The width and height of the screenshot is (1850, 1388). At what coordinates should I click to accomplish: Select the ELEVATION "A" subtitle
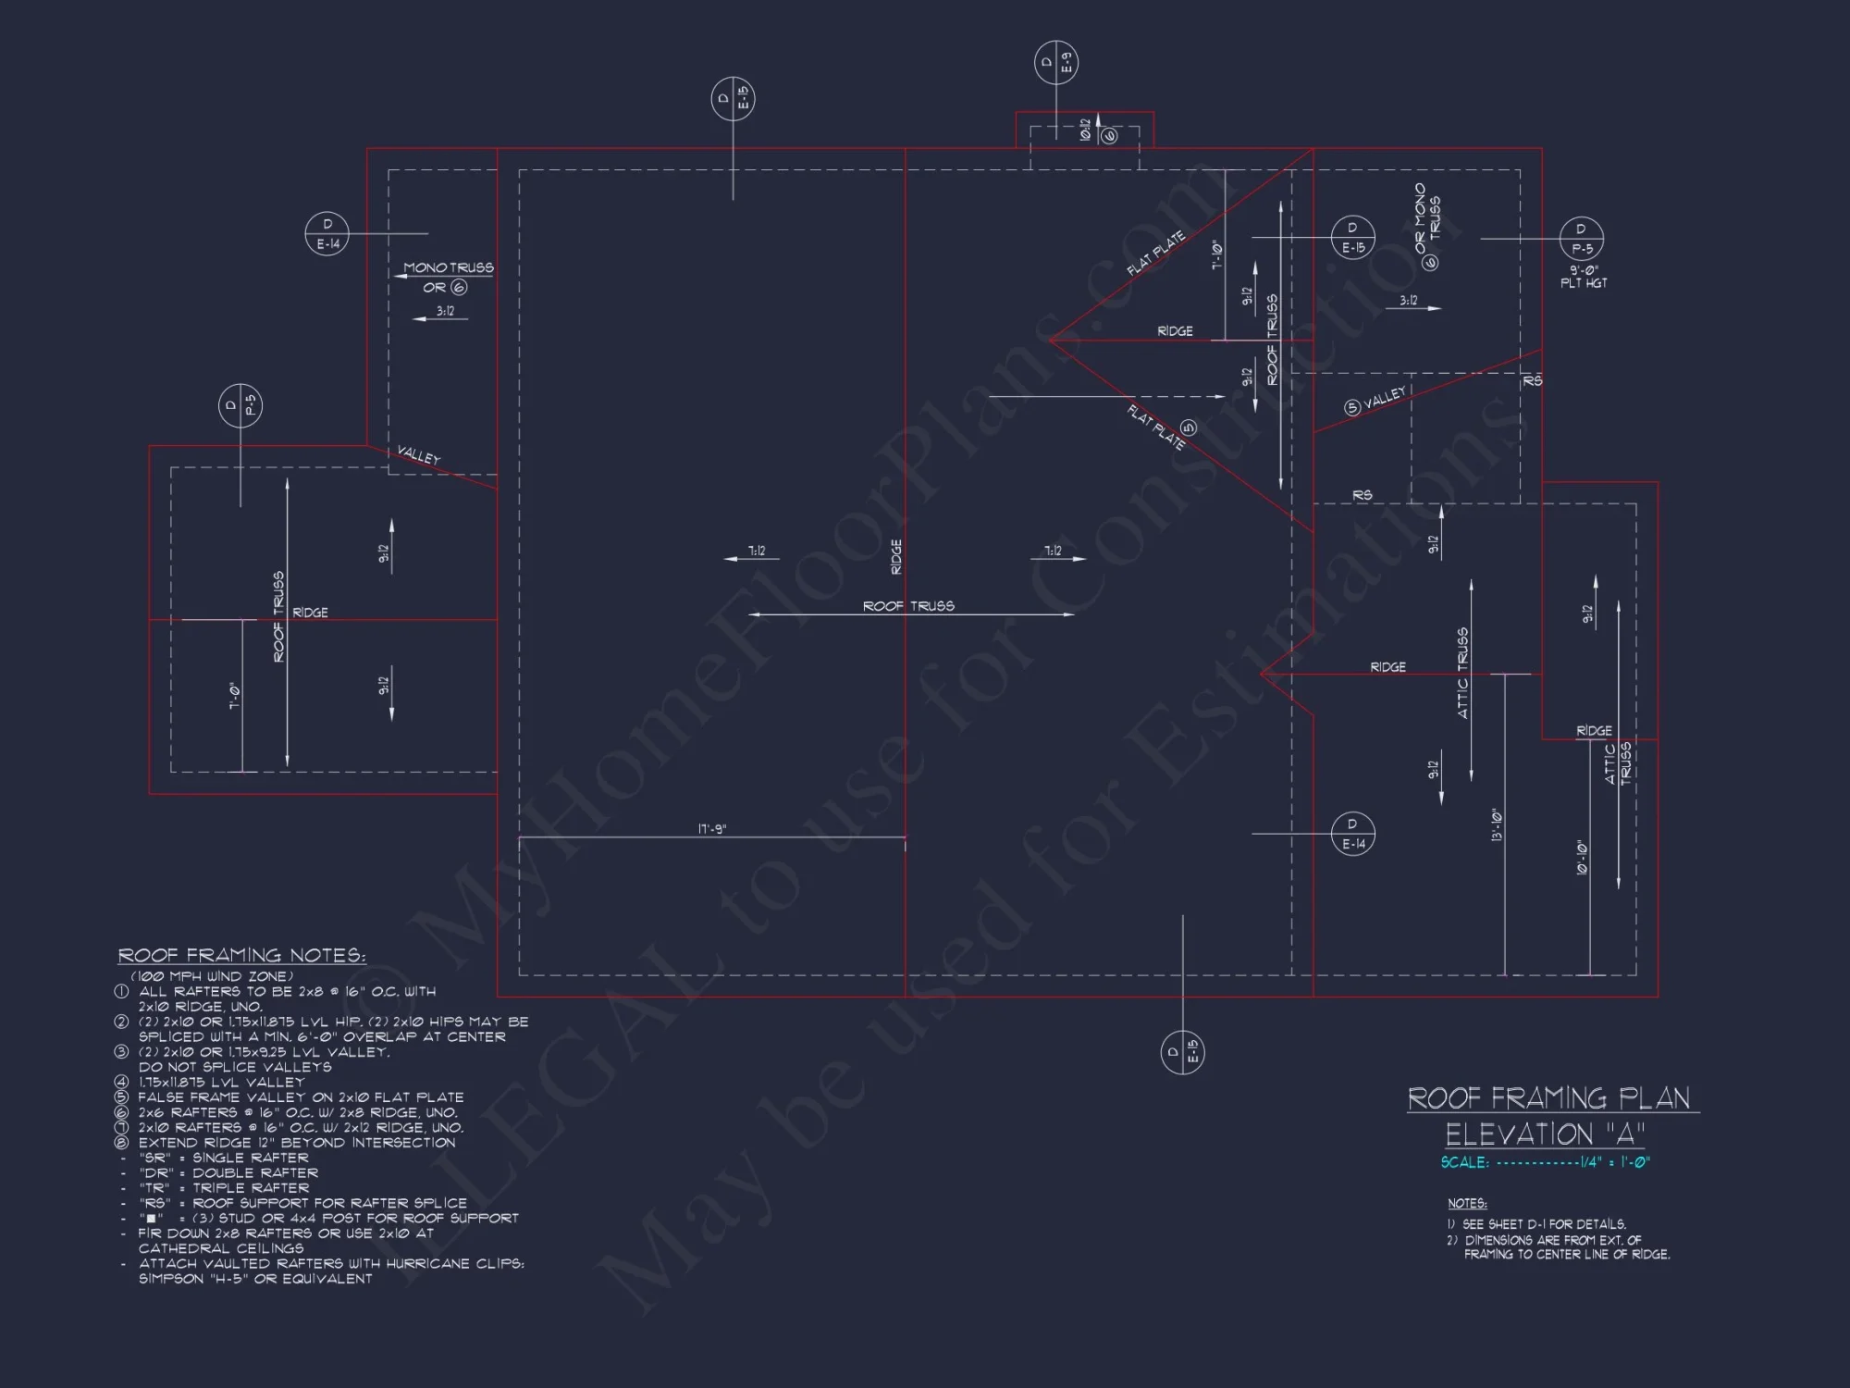(x=1545, y=1134)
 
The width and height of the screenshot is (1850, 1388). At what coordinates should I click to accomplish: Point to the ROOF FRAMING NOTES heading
(x=241, y=956)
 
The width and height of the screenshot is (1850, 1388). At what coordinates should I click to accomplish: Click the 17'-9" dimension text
(x=711, y=829)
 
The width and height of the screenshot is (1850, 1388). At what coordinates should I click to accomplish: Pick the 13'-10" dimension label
(x=1496, y=825)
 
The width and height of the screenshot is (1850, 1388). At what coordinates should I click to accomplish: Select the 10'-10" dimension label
(x=1582, y=859)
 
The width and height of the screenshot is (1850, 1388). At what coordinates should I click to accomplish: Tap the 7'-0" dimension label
(x=234, y=696)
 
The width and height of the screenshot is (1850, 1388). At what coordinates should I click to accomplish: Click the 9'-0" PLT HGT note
(x=1583, y=277)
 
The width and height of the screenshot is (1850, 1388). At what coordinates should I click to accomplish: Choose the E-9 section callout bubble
(x=1055, y=63)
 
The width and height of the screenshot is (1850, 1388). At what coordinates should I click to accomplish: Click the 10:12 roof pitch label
(x=1085, y=130)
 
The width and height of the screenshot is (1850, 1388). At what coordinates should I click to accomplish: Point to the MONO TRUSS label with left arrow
(x=449, y=268)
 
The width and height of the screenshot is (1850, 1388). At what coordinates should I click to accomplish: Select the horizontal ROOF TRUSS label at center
(x=908, y=606)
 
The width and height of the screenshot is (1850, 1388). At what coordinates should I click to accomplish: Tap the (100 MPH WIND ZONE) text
(x=212, y=976)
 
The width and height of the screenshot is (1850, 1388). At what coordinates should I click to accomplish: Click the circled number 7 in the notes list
(x=121, y=1127)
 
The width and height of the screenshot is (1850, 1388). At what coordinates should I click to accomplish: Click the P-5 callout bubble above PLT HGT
(x=1581, y=238)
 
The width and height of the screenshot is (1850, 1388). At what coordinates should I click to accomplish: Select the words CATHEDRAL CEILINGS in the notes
(x=221, y=1248)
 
